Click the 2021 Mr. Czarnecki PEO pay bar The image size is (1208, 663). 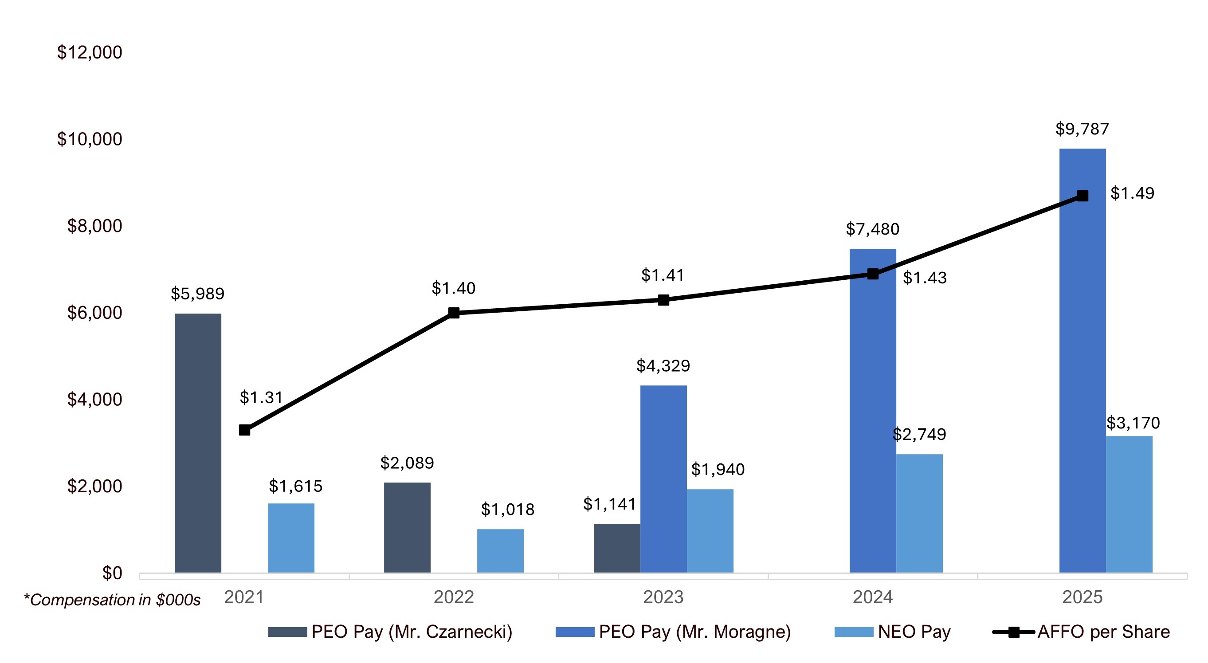(198, 443)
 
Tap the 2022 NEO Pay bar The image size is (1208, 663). (500, 550)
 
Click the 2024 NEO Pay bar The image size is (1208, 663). (919, 513)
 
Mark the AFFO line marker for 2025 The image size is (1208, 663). (1082, 196)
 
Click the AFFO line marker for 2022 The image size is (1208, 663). (454, 313)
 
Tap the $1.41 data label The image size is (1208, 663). (663, 275)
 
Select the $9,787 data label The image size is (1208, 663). (1082, 129)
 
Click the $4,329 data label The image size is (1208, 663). (663, 366)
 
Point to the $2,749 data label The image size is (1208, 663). (919, 434)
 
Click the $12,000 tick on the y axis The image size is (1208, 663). (90, 52)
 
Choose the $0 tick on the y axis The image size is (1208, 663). (112, 573)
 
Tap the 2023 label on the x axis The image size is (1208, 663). (663, 597)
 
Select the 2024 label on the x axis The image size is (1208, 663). (872, 597)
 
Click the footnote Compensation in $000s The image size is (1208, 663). (113, 600)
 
